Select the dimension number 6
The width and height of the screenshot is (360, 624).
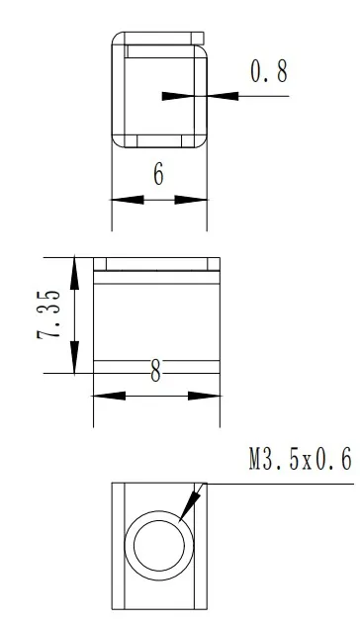click(x=158, y=174)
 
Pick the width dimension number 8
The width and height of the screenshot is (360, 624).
click(x=155, y=373)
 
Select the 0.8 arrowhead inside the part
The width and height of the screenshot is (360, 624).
click(x=179, y=96)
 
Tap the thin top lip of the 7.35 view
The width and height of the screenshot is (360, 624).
click(x=155, y=264)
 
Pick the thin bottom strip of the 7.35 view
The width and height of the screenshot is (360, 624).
click(x=155, y=367)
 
